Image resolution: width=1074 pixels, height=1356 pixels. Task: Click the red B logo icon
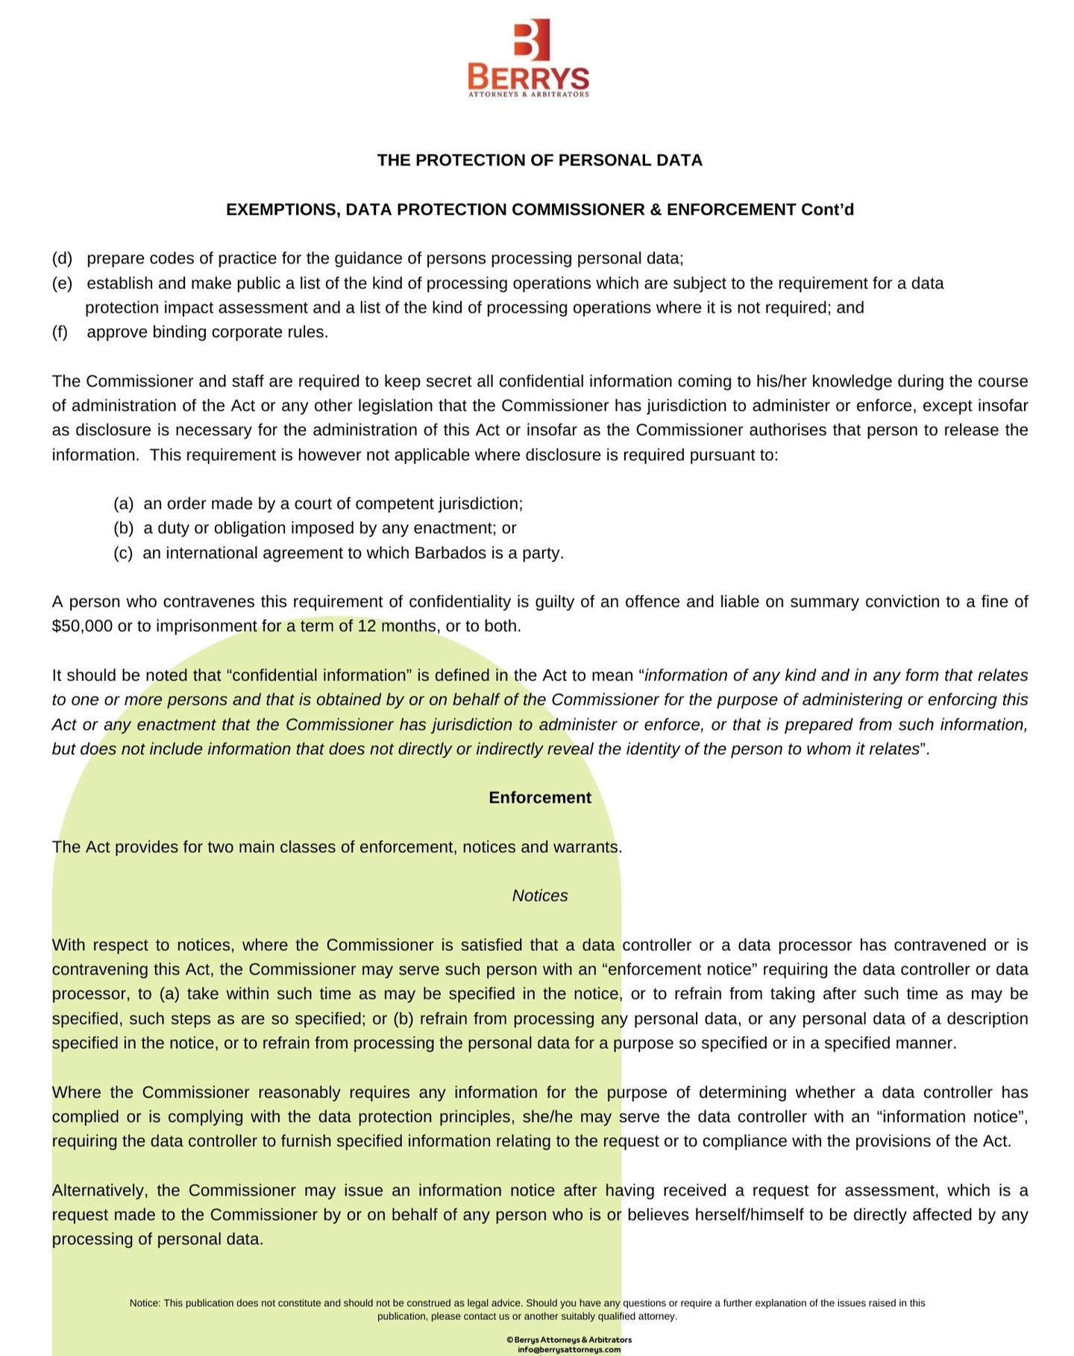click(x=531, y=39)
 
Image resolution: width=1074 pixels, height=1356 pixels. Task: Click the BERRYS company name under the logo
click(x=528, y=77)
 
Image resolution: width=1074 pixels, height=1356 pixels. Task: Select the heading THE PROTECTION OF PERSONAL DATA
click(x=539, y=160)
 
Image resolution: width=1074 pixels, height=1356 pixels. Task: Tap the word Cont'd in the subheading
click(x=827, y=210)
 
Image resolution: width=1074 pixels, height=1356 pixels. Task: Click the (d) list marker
click(x=62, y=259)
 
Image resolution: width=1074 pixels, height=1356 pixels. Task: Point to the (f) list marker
click(x=60, y=332)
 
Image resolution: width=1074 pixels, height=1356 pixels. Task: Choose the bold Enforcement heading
click(x=539, y=797)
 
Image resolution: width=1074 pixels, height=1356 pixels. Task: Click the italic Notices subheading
click(x=539, y=896)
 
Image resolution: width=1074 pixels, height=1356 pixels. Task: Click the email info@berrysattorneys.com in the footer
click(x=568, y=1349)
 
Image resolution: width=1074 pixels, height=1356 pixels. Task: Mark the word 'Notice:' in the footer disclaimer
click(x=145, y=1303)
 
